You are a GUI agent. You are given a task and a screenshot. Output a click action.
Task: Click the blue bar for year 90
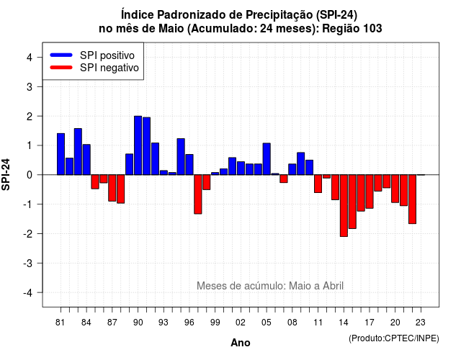point(138,145)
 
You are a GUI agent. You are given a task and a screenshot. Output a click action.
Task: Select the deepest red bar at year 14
point(344,205)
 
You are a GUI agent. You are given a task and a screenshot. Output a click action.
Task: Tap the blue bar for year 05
point(267,159)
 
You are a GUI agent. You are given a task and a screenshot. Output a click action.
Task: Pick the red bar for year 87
point(112,188)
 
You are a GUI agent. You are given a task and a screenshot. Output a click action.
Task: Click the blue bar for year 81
point(61,154)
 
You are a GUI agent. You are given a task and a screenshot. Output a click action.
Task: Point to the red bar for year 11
point(318,184)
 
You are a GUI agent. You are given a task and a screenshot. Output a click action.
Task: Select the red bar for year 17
point(370,192)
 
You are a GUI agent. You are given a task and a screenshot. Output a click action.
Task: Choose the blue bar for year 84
point(86,160)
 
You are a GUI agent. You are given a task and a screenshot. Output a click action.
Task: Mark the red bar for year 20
point(395,189)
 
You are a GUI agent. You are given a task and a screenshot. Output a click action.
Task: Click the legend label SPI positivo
point(107,55)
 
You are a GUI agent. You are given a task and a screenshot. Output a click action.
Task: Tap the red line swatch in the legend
point(61,68)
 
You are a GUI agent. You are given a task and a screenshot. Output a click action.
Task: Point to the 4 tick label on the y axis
point(30,58)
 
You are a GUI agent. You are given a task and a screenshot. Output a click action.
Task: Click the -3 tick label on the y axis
point(28,263)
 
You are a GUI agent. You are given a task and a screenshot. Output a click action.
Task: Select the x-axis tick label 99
point(215,323)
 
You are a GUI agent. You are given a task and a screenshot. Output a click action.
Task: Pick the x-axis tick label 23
point(421,323)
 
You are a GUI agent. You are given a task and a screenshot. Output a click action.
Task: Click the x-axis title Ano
point(241,343)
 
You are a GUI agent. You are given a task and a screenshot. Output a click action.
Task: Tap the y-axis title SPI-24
point(6,174)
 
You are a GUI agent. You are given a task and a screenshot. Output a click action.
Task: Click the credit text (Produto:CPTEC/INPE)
point(394,338)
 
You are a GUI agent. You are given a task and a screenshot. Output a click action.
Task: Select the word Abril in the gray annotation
point(334,286)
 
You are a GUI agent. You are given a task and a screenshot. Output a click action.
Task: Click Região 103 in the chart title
point(352,29)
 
